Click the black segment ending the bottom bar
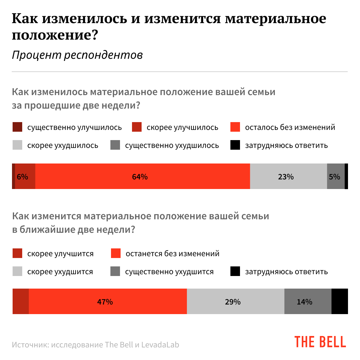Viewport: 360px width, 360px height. click(x=340, y=301)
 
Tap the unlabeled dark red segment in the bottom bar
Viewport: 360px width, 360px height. click(x=21, y=301)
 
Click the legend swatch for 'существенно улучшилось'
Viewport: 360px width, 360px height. click(x=17, y=127)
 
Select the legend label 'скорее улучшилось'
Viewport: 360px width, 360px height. click(x=182, y=127)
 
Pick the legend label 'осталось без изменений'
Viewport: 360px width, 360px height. click(x=290, y=127)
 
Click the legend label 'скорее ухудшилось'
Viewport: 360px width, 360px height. click(x=63, y=145)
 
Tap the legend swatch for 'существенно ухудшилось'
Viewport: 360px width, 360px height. click(x=115, y=145)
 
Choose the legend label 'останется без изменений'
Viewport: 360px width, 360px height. click(x=172, y=254)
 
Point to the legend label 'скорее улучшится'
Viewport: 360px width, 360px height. click(x=60, y=254)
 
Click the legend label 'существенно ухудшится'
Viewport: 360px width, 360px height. click(x=169, y=272)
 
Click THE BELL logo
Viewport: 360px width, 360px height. click(x=320, y=342)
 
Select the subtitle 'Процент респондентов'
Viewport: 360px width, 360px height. click(x=77, y=55)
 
